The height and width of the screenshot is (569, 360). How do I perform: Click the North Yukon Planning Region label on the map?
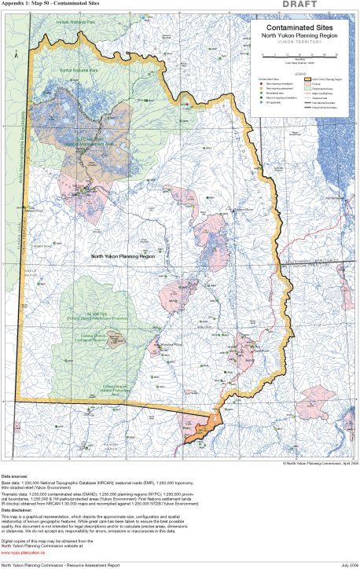coord(122,256)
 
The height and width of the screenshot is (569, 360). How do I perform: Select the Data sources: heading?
coord(17,477)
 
